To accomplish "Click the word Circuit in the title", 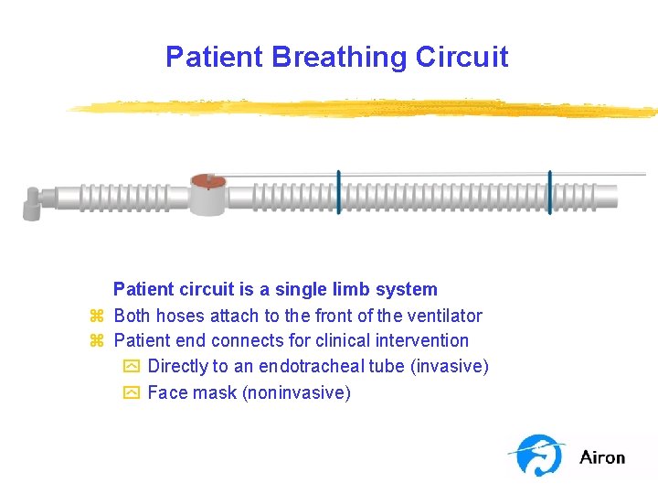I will coord(462,57).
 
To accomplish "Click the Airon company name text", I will coord(602,457).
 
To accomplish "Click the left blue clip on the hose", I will coord(339,192).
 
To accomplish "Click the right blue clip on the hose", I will coord(549,192).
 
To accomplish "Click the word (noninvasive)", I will coord(296,392).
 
